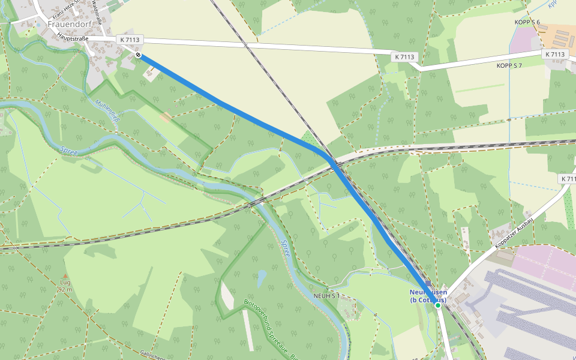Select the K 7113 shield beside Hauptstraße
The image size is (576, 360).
(130, 40)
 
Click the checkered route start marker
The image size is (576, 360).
(139, 55)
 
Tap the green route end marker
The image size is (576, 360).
(438, 305)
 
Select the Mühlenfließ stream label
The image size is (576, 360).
(109, 110)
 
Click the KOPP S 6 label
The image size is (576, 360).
(527, 22)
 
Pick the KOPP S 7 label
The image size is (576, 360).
(509, 65)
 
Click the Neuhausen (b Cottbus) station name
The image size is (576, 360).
(428, 296)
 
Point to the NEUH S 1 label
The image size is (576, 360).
(326, 296)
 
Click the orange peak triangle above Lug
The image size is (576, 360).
(66, 276)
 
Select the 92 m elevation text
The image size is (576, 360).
(66, 289)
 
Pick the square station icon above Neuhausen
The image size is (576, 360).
(428, 283)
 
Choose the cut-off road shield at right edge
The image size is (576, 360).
(568, 179)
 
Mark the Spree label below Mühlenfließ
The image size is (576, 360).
(70, 154)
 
